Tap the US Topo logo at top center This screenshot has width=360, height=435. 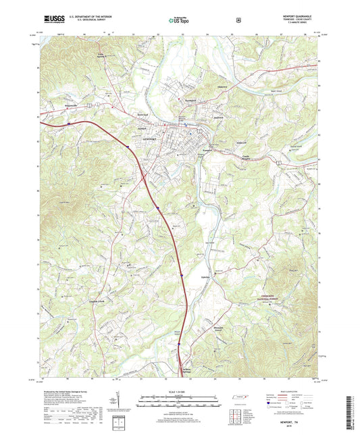point(179,21)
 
